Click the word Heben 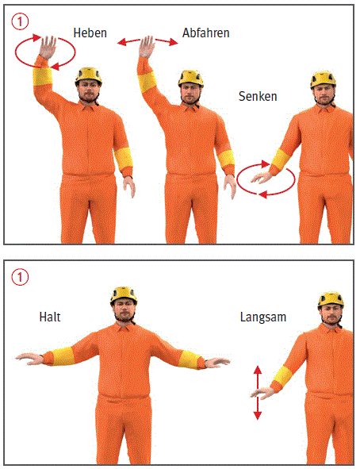pos(90,33)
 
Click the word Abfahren pos(206,33)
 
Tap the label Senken pos(258,96)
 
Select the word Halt pos(50,317)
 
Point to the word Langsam pos(263,317)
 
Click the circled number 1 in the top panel pos(20,22)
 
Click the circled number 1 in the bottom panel pos(20,277)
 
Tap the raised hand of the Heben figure pos(48,47)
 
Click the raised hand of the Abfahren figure pos(147,46)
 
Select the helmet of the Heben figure pos(88,76)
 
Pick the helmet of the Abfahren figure pos(190,79)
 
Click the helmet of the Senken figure pos(323,79)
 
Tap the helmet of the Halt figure pos(124,295)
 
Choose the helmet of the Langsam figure pos(331,300)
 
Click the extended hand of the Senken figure pos(262,178)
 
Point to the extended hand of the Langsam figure pos(262,393)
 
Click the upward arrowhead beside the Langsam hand pos(258,370)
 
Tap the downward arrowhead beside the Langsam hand pos(258,416)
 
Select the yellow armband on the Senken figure pos(281,160)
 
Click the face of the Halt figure pos(124,311)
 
